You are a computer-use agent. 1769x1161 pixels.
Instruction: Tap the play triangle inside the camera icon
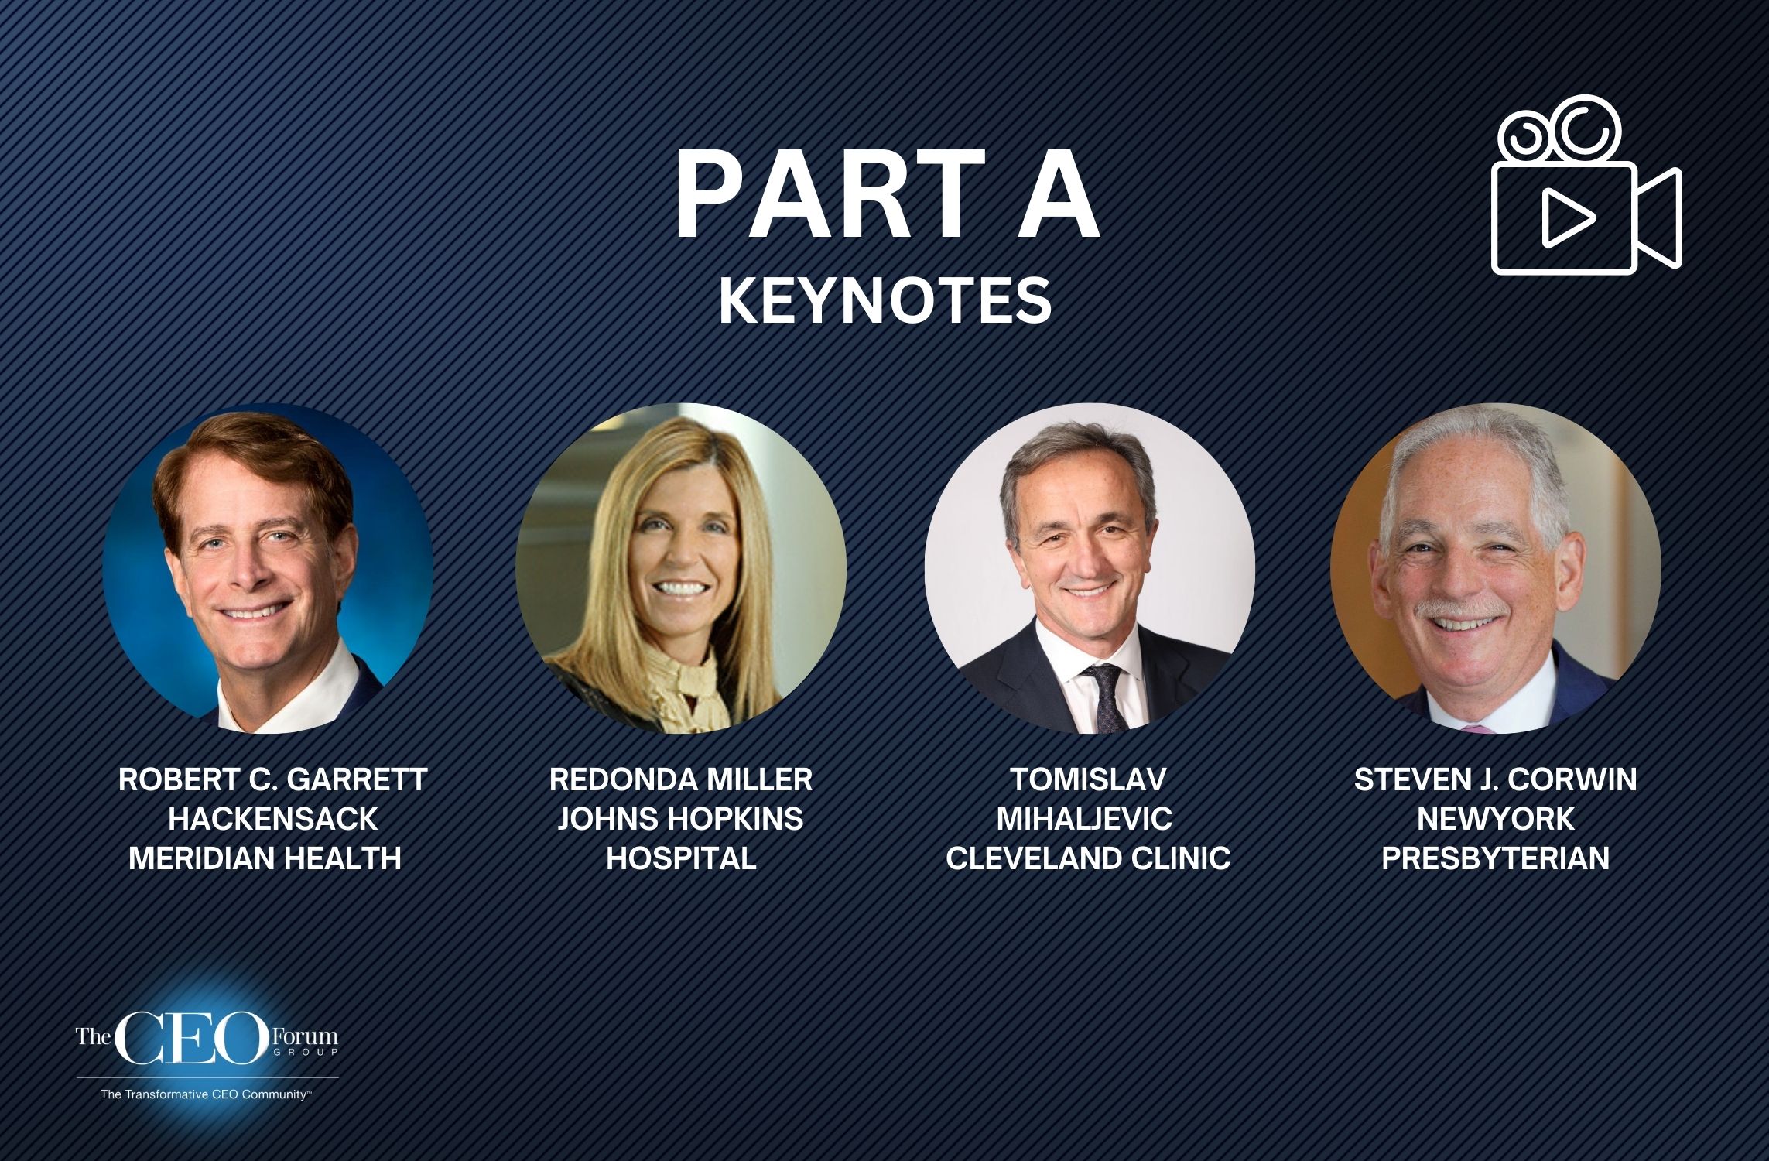tap(1565, 219)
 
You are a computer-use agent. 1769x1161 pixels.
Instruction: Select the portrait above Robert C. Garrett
tap(268, 568)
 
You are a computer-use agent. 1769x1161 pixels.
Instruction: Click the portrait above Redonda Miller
tap(681, 568)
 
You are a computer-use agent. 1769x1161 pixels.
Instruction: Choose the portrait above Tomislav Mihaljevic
tap(1089, 568)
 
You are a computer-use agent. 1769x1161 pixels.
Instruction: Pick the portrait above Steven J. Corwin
tap(1495, 568)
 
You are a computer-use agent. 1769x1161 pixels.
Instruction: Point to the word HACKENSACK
tap(273, 819)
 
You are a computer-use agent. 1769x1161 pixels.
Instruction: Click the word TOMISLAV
tap(1087, 779)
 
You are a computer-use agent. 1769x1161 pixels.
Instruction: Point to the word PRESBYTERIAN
tap(1495, 858)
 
